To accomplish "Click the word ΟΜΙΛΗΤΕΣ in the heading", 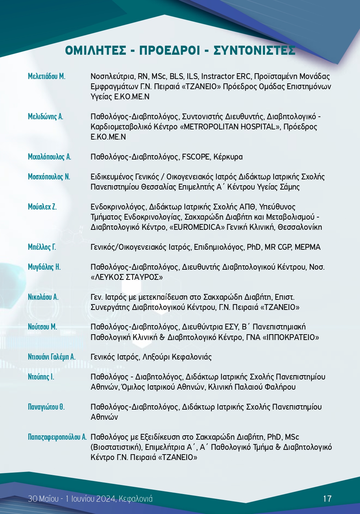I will coord(96,50).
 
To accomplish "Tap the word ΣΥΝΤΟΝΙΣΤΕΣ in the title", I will coord(254,50).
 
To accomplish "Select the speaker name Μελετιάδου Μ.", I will coord(46,76).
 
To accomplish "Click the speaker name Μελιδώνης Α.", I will coord(45,117).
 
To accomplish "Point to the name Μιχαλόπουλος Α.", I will coord(49,157).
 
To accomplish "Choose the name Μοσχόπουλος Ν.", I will coord(49,177).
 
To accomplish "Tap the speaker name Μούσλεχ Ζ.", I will coord(42,207).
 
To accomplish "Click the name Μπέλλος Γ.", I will coord(42,247).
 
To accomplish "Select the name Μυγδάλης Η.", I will coord(44,267).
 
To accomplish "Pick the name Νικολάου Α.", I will coord(43,297).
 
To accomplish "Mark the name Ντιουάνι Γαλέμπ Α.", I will coord(51,357).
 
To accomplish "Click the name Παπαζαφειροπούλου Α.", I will coord(57,437).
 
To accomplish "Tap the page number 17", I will coord(327,499).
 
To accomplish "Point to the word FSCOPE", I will coord(196,157).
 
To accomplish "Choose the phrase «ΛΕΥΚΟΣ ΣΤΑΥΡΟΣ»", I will coord(127,277).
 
